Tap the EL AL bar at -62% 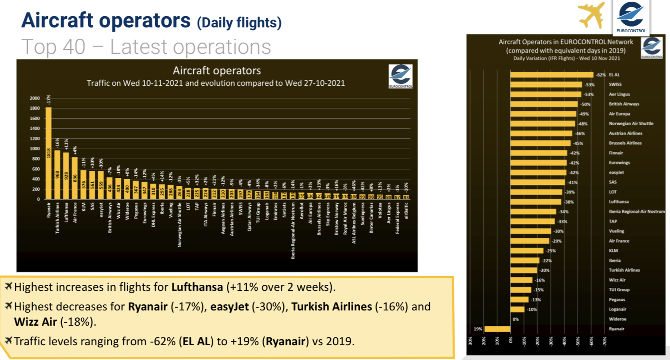(x=551, y=75)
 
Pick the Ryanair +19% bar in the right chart (x=497, y=329)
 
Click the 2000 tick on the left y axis (x=35, y=98)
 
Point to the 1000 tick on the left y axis (x=35, y=149)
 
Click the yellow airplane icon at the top (x=591, y=15)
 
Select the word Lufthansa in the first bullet (x=197, y=287)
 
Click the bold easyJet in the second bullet (x=229, y=307)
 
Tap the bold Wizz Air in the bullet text (x=36, y=322)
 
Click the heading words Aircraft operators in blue (x=106, y=20)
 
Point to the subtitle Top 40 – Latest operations (x=146, y=47)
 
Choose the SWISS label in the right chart (x=615, y=85)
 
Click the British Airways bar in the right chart (x=544, y=104)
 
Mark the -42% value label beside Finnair (x=574, y=153)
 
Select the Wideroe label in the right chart (x=617, y=319)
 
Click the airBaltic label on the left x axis (x=406, y=210)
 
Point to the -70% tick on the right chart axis (x=604, y=341)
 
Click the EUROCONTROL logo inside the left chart (x=400, y=76)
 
